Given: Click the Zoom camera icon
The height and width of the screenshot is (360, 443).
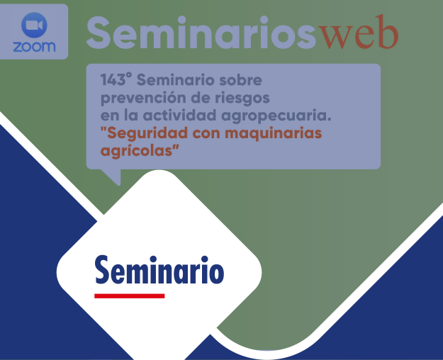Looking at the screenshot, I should [34, 26].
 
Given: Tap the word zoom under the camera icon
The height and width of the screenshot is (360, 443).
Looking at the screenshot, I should [34, 47].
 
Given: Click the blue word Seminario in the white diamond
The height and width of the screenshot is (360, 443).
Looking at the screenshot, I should [159, 271].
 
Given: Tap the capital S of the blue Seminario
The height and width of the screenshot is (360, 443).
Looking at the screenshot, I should [103, 271].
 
